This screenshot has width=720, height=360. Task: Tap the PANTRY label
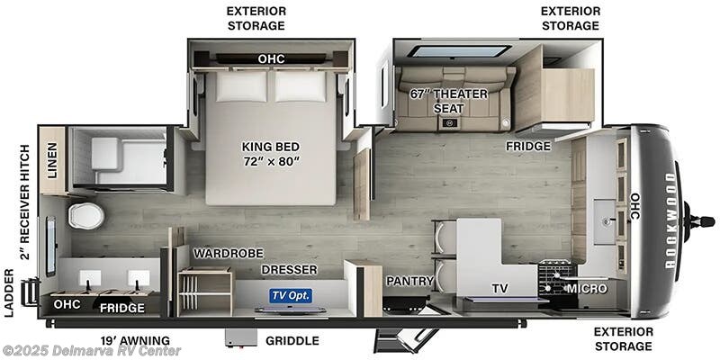(x=410, y=281)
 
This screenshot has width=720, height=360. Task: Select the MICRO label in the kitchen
(x=586, y=288)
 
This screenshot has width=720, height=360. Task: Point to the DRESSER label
(x=289, y=269)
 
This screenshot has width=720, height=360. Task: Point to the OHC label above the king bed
(x=271, y=59)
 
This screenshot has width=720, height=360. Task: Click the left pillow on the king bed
(x=240, y=86)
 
